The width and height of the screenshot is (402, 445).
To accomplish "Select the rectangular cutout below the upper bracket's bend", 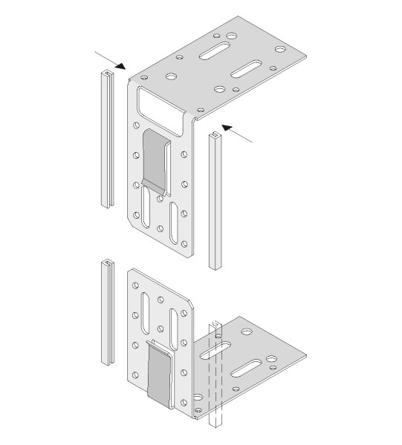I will (x=161, y=103).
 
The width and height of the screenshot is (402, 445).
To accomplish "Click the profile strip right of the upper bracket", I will (x=215, y=200).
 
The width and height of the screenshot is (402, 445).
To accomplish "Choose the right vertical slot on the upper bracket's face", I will (x=175, y=220).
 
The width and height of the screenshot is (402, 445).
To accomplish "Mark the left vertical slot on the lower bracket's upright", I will (x=147, y=305).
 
